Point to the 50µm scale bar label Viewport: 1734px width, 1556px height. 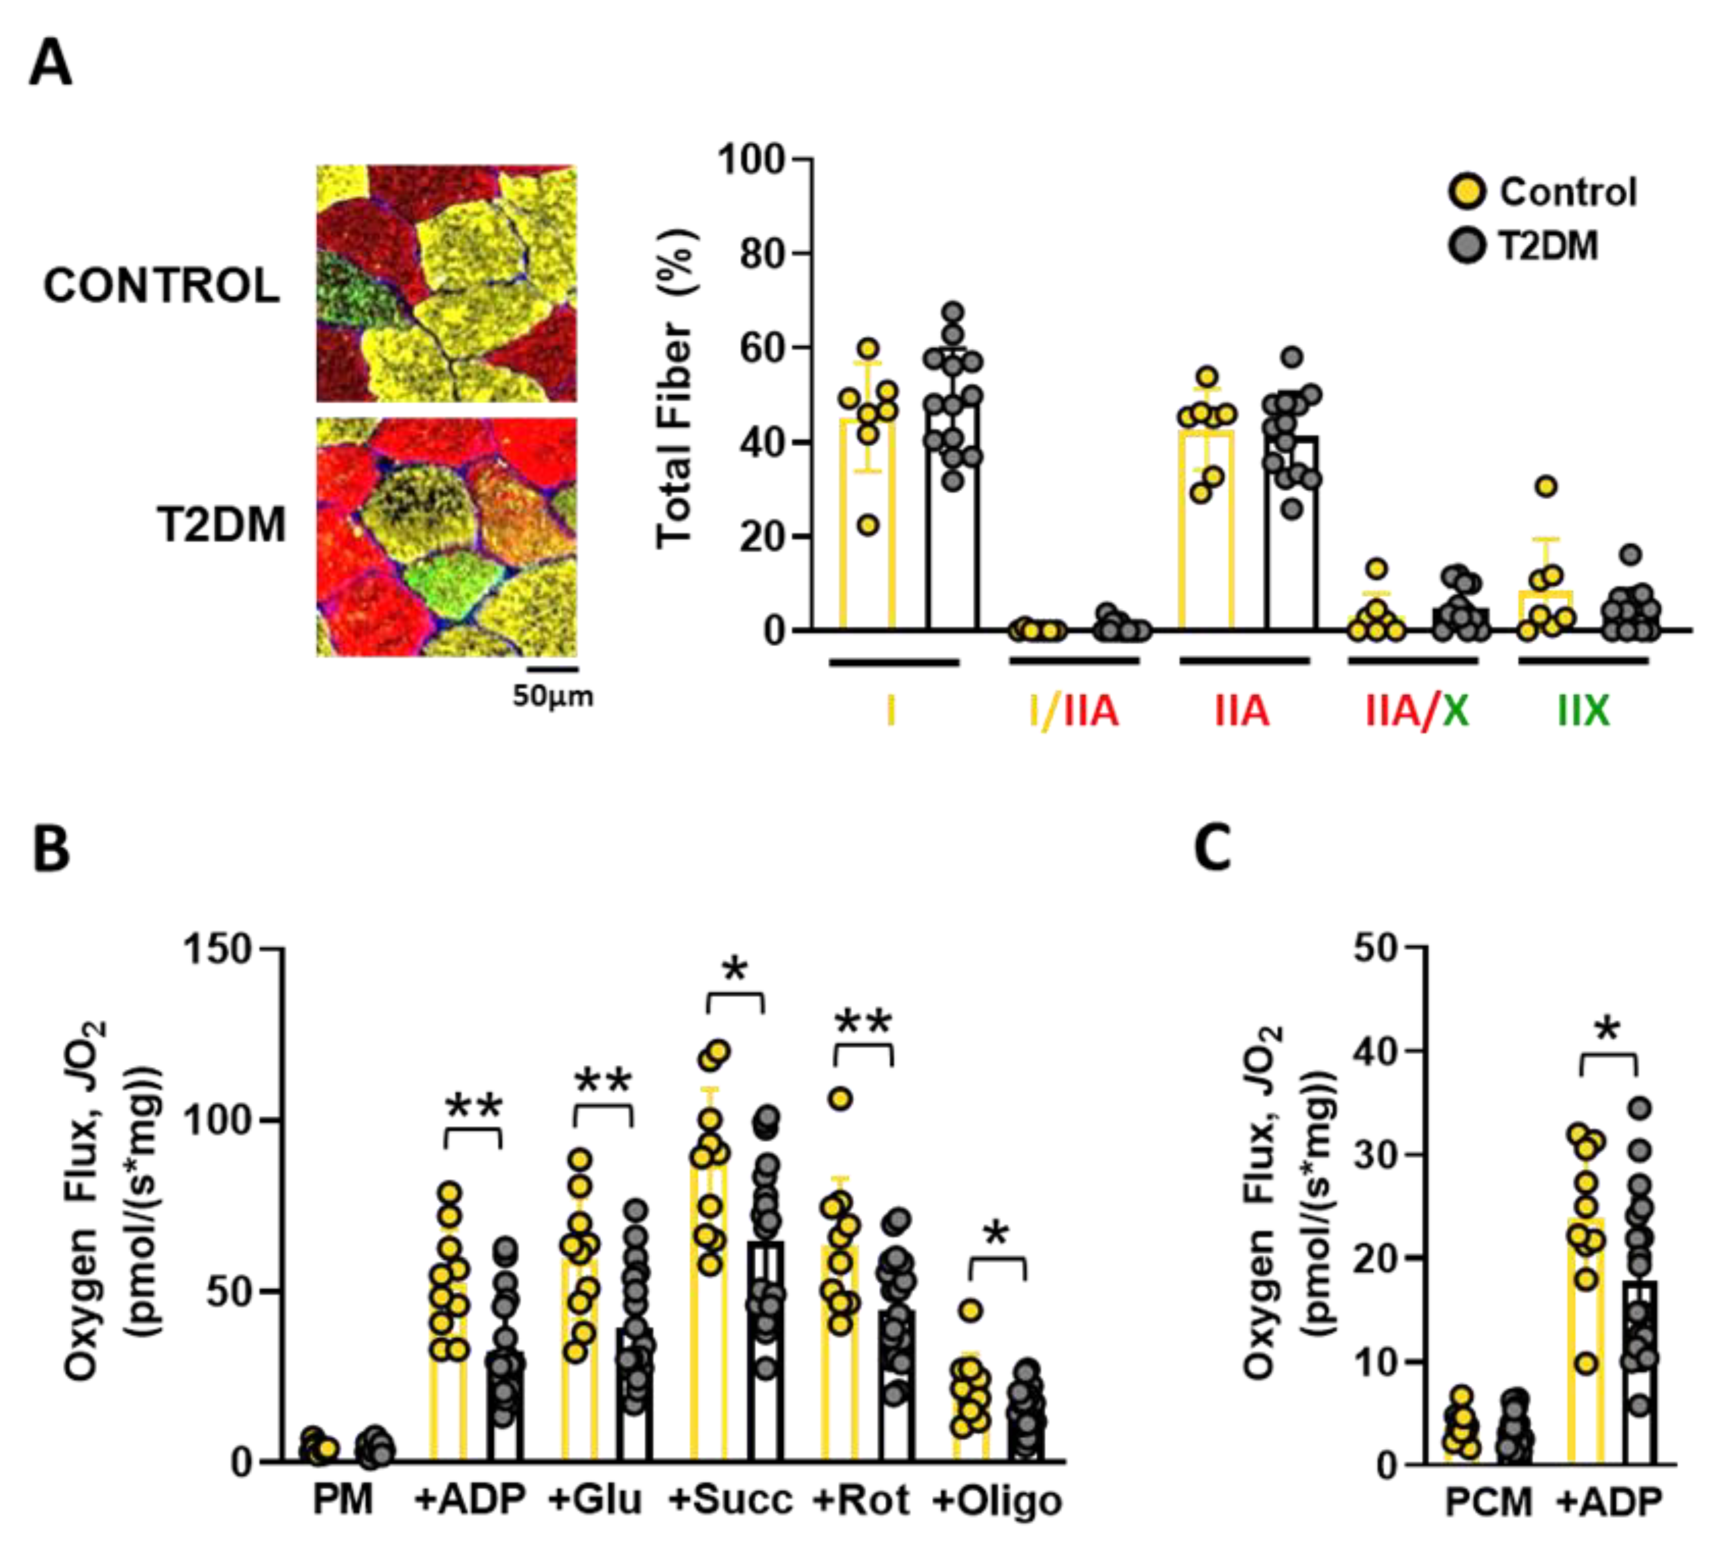552,696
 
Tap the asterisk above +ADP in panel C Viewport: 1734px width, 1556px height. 1608,1029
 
